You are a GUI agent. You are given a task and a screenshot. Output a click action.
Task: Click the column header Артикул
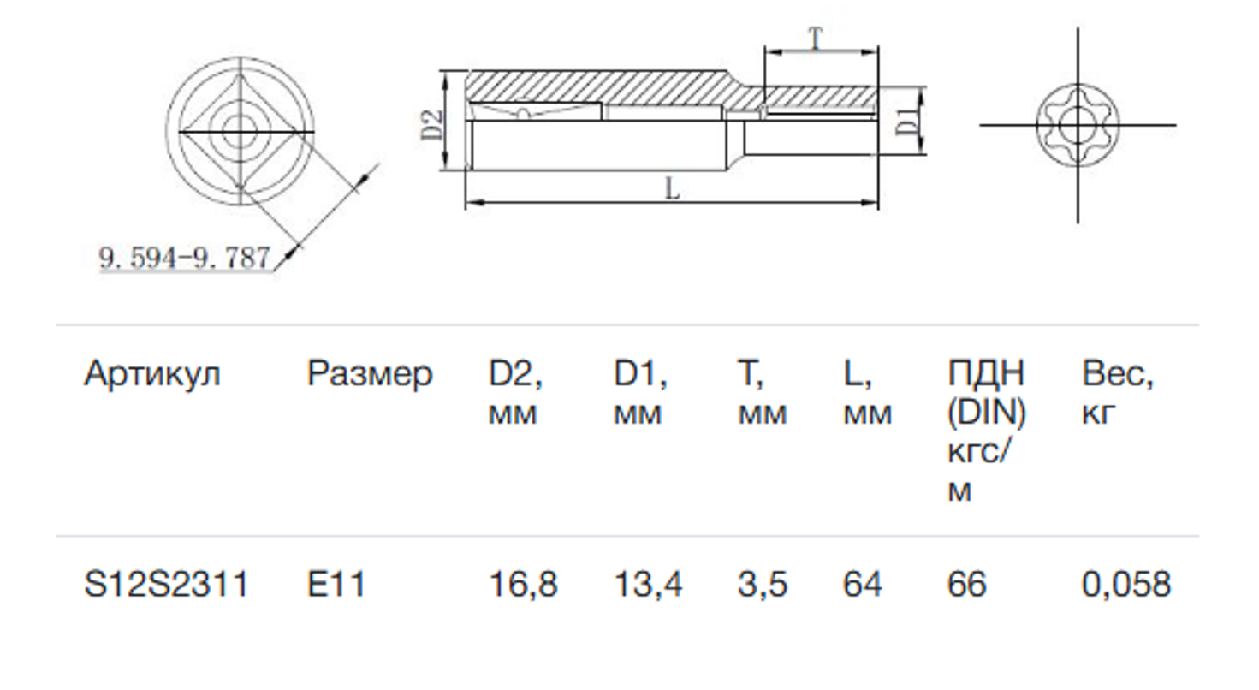click(x=151, y=374)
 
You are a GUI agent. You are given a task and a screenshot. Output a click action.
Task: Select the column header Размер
click(x=370, y=374)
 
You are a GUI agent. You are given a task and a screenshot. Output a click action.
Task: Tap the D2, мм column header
click(x=515, y=393)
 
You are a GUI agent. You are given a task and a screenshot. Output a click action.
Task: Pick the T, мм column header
click(x=761, y=393)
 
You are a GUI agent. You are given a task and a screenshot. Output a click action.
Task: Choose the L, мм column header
click(x=866, y=393)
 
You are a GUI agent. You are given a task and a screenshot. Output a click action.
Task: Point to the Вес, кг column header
click(x=1117, y=393)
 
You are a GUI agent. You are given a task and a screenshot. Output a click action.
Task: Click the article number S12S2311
click(x=166, y=586)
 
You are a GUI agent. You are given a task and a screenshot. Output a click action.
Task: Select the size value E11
click(x=336, y=586)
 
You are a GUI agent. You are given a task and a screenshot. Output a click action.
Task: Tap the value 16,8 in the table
click(x=523, y=586)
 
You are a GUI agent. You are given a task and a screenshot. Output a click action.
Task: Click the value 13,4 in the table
click(x=648, y=586)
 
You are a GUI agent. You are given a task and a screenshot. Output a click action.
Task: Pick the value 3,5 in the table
click(x=761, y=586)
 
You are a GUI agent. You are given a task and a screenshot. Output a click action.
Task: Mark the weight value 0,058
click(x=1125, y=586)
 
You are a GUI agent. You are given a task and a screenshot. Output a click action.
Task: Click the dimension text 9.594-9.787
click(x=185, y=258)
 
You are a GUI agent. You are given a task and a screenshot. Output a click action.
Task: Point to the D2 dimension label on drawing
click(x=434, y=124)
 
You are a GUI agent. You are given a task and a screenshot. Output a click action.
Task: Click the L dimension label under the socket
click(x=673, y=189)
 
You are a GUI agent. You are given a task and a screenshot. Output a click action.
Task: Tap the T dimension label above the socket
click(x=817, y=39)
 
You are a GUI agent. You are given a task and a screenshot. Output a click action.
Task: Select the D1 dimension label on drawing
click(x=909, y=122)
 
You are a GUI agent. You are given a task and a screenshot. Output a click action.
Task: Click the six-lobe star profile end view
click(x=1076, y=126)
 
